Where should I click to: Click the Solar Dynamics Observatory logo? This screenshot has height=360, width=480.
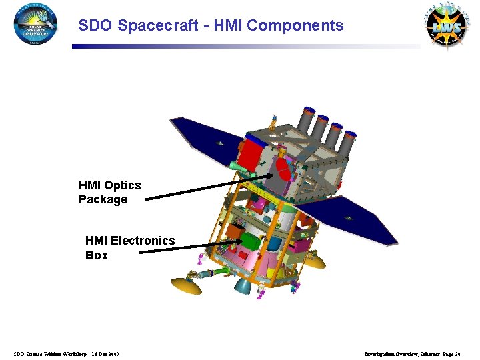(x=35, y=25)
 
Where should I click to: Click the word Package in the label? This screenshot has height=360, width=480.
(x=103, y=199)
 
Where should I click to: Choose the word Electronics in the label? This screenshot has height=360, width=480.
(x=143, y=241)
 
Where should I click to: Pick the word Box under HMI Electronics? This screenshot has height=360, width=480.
(x=97, y=255)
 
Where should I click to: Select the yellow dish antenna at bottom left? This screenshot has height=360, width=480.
(x=186, y=285)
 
